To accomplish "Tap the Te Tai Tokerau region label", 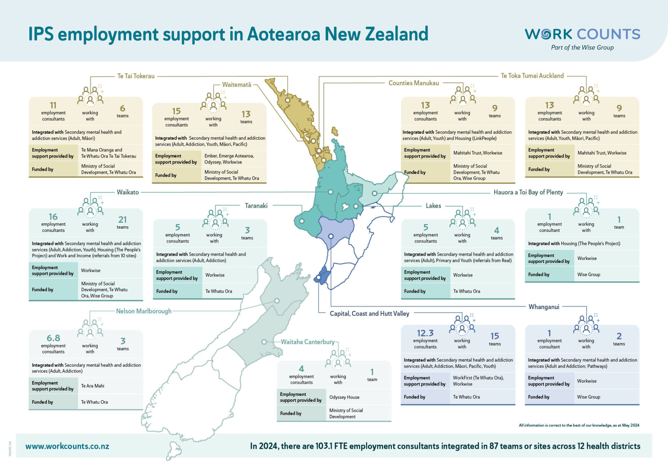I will (x=136, y=76).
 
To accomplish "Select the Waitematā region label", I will (x=236, y=85).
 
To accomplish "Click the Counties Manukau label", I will (x=414, y=83).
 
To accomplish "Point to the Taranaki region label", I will (x=256, y=206).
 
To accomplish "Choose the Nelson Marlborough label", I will (x=144, y=311).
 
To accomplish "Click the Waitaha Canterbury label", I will (x=308, y=342).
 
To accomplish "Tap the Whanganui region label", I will (x=544, y=307).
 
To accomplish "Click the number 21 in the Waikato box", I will (x=123, y=220).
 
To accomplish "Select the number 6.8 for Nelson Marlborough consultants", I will (x=53, y=338).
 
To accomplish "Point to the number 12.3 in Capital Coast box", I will (x=425, y=333).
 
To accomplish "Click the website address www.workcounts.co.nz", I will (x=67, y=446).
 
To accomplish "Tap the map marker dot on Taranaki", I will (x=302, y=221).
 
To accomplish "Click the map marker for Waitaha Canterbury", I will (x=264, y=342).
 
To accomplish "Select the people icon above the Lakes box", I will (x=463, y=219).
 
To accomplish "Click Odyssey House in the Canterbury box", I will (x=344, y=397).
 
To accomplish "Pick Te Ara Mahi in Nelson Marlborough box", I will (x=93, y=386).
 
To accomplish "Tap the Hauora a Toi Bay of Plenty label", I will (x=528, y=192).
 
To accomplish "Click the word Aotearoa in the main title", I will (x=283, y=34).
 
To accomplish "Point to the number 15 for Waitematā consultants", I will (x=176, y=111).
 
